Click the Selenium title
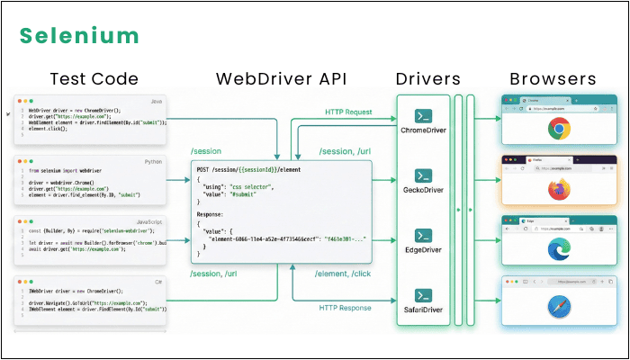click(80, 36)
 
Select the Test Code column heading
click(94, 78)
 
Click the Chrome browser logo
click(559, 130)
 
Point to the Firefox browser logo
click(559, 190)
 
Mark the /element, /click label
click(345, 274)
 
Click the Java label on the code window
click(156, 103)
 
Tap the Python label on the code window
click(153, 161)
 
